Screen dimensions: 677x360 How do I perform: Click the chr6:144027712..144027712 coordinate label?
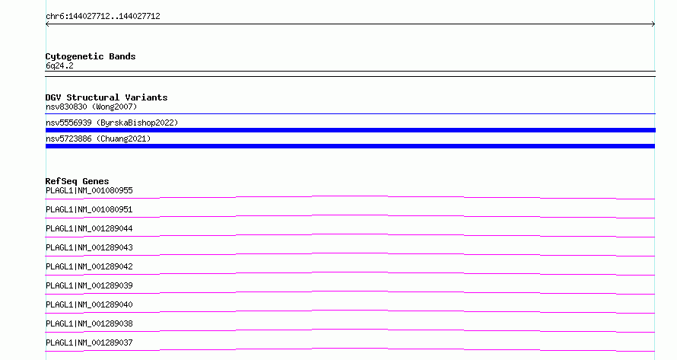[x=103, y=17]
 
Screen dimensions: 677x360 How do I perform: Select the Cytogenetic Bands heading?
[x=91, y=56]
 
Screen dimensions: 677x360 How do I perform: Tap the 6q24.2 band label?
[x=59, y=65]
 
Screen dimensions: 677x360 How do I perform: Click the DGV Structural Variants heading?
[x=106, y=97]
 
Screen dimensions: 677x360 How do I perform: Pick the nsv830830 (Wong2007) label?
[x=91, y=107]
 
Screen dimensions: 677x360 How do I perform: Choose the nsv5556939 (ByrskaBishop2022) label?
[x=112, y=123]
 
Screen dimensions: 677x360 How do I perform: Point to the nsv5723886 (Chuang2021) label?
[x=98, y=139]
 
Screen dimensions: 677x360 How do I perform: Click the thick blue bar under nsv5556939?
[x=350, y=130]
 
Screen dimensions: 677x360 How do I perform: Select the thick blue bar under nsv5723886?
[x=350, y=146]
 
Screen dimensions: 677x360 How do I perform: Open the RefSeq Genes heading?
[x=77, y=181]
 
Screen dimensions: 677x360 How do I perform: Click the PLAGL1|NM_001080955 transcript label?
[x=89, y=190]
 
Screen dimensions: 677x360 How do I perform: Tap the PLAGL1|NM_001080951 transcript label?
[x=89, y=209]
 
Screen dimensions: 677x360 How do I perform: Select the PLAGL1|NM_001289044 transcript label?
[x=89, y=228]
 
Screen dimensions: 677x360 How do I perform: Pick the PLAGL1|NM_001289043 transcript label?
[x=89, y=247]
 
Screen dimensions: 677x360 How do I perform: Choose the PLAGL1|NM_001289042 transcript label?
[x=89, y=266]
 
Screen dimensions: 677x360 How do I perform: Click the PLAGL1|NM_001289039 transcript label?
[x=89, y=285]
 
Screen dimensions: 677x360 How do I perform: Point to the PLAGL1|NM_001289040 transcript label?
[x=89, y=304]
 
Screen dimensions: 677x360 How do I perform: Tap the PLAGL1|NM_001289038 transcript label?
[x=89, y=323]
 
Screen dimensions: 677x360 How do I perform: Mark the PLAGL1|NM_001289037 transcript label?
[x=89, y=342]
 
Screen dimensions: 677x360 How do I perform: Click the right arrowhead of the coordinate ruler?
[x=654, y=24]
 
